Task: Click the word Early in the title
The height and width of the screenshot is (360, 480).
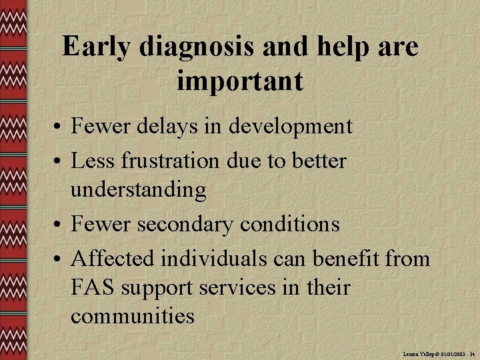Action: coord(95,47)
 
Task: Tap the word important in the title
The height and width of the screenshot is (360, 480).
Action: coord(240,81)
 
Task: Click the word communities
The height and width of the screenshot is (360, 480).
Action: coord(133,316)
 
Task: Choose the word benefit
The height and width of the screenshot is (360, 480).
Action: coord(345,257)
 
